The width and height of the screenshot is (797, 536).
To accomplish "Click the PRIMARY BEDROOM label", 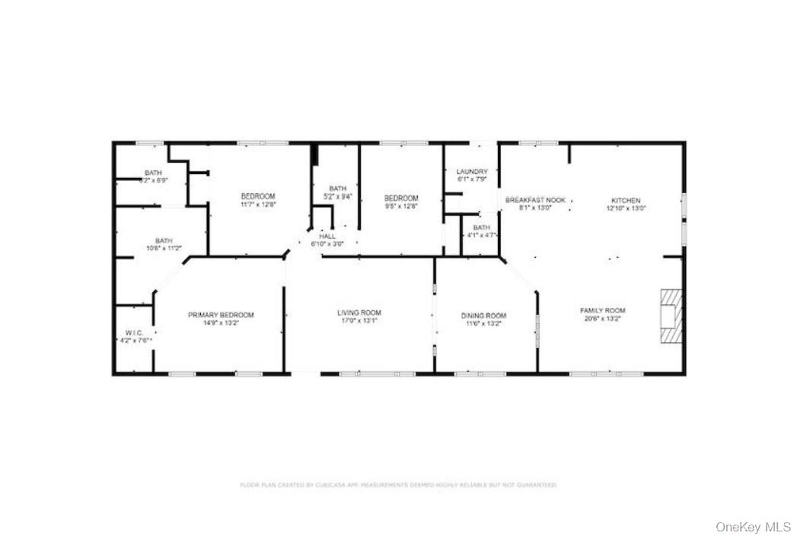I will (x=221, y=315).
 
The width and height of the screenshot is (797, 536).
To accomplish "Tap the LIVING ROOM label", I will (x=359, y=312).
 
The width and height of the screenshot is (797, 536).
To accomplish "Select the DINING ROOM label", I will (x=483, y=316).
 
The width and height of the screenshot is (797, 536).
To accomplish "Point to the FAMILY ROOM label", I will (x=602, y=310).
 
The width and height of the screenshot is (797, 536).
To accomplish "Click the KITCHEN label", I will (x=626, y=200).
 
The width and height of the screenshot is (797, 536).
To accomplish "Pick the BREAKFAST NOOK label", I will (x=536, y=199).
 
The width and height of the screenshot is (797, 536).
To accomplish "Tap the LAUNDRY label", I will (x=472, y=172).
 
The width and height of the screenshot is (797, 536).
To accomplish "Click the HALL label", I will (x=327, y=236).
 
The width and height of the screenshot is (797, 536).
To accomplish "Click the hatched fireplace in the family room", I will (x=671, y=315).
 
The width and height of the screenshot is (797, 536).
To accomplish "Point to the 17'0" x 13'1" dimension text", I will (x=359, y=322).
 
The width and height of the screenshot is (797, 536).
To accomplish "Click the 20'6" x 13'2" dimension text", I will (x=602, y=319).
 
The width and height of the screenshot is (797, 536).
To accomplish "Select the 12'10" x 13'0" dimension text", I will (x=626, y=208).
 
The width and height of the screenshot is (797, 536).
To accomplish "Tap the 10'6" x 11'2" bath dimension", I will (x=164, y=249).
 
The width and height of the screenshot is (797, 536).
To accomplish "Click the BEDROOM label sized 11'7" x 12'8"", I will (x=258, y=196).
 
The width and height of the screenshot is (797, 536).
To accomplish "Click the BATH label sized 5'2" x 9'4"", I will (x=337, y=189).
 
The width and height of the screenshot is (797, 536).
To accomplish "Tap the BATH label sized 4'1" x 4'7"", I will (x=481, y=227).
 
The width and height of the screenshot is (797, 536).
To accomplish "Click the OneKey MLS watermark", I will (x=753, y=526).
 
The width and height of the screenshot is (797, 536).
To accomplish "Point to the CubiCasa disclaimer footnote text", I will (x=398, y=484).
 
